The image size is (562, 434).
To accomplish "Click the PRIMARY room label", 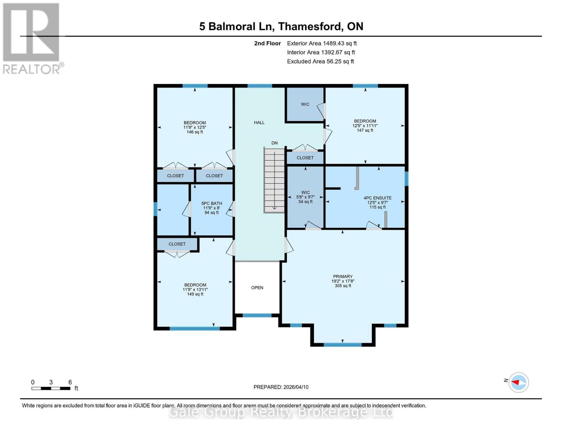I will (342, 277).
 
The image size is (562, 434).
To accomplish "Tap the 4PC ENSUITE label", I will (377, 198).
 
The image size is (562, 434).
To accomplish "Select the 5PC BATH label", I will (212, 204).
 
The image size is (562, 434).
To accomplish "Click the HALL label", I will (259, 123).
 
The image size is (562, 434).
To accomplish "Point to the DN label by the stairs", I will (274, 143).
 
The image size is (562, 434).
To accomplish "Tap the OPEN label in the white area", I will (257, 288).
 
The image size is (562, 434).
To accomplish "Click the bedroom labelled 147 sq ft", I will (365, 125).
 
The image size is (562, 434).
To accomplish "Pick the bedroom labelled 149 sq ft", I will (195, 289).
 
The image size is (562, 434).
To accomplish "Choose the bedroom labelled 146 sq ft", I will (195, 127).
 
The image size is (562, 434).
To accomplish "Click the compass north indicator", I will (518, 382).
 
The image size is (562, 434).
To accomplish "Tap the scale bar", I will (51, 388).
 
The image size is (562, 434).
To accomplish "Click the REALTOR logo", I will (32, 38).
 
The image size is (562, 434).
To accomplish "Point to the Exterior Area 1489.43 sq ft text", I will (321, 43).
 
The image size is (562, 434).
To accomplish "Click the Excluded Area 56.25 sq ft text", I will (320, 61).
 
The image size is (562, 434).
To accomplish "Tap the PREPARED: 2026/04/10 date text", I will (281, 387).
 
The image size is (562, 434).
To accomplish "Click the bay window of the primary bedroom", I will (342, 344).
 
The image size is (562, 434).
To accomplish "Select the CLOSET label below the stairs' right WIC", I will (305, 158).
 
